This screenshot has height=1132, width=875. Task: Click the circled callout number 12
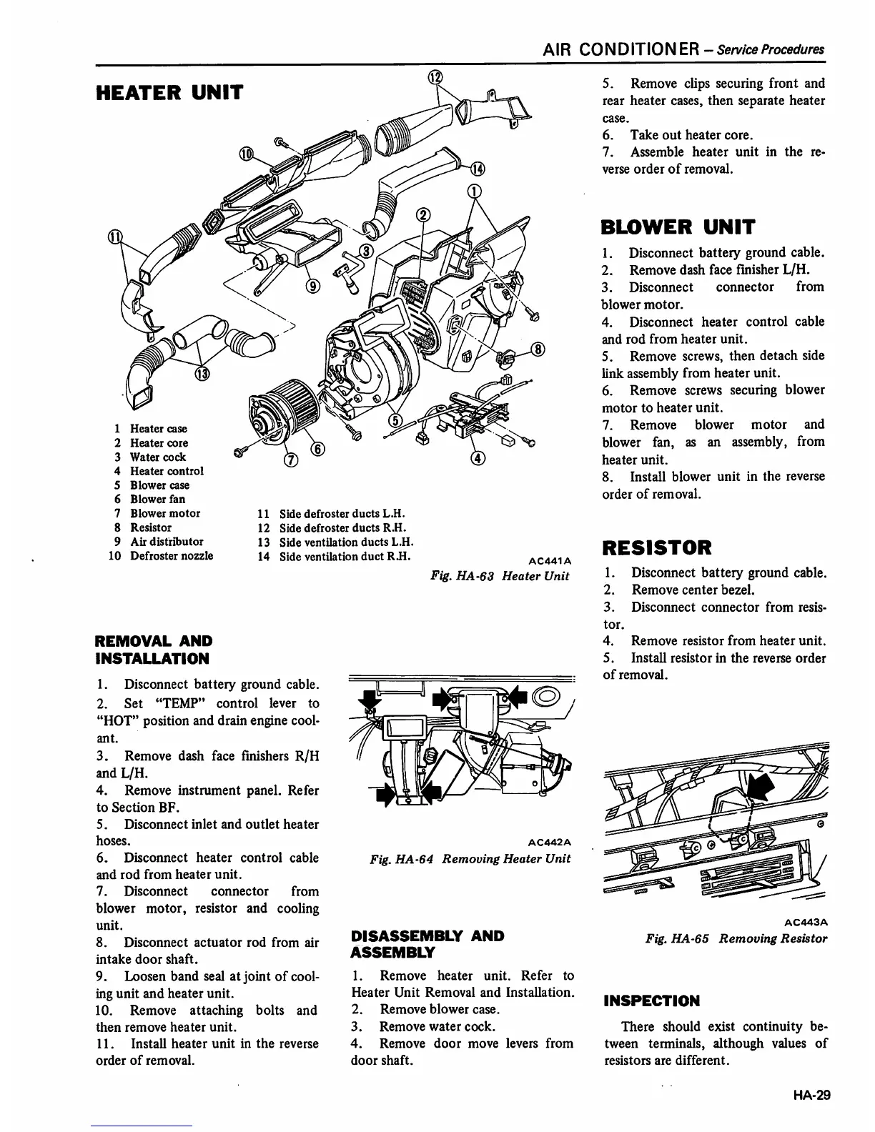tap(435, 78)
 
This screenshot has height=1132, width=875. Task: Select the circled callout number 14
tap(477, 169)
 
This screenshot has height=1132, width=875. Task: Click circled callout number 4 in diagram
tap(478, 458)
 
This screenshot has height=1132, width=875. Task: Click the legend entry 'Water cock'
tap(157, 457)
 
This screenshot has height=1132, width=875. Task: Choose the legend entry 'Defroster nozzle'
tap(171, 555)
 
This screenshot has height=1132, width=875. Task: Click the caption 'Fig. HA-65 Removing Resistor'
tap(736, 938)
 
